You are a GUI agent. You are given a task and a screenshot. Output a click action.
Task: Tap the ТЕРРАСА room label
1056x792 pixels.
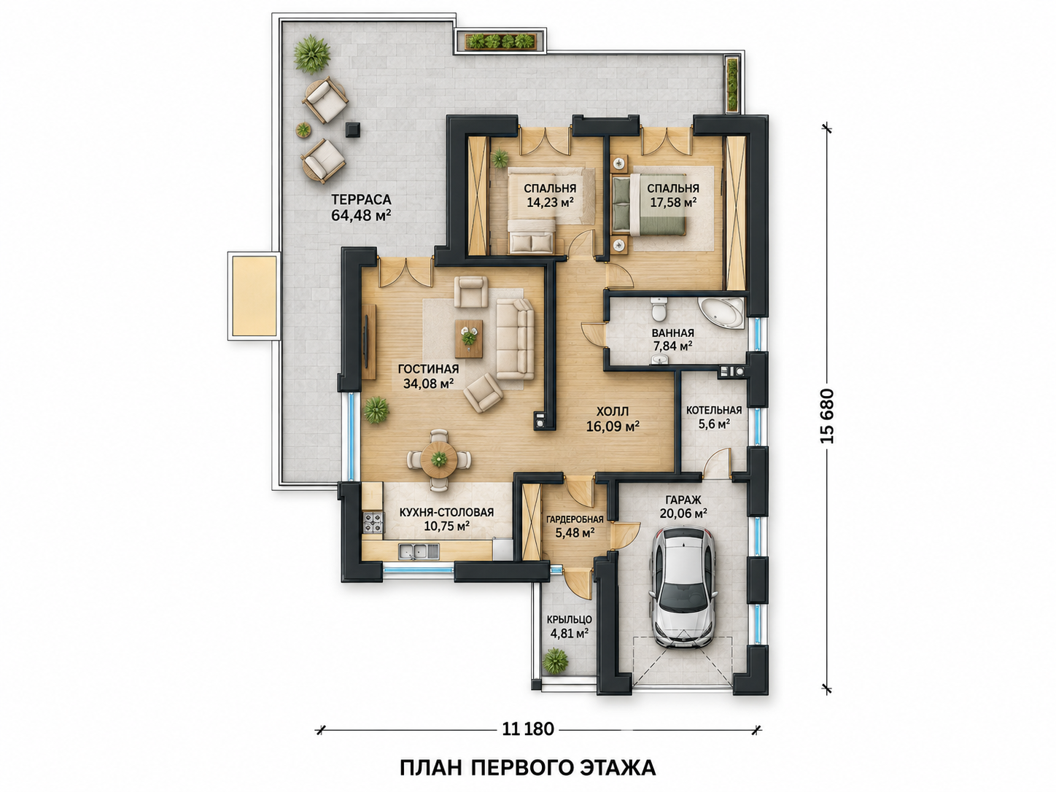(x=361, y=199)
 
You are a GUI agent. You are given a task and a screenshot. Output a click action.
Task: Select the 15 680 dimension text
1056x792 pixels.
(x=828, y=415)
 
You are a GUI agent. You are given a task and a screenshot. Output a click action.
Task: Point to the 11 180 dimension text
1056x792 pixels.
(x=528, y=729)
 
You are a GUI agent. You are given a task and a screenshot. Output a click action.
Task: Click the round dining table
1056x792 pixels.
(x=439, y=459)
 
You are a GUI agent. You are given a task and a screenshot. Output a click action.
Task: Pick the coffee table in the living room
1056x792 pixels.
(x=469, y=338)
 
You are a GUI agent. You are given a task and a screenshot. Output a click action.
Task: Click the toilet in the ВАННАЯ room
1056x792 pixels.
(x=658, y=308)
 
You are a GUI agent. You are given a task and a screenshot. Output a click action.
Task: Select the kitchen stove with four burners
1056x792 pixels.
(x=373, y=523)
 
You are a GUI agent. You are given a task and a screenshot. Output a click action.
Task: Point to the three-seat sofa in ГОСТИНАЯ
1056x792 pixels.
(x=515, y=339)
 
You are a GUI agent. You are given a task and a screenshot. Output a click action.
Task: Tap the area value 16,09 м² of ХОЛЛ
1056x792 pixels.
(x=613, y=426)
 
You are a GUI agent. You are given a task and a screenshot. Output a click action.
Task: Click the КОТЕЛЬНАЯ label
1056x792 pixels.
(x=714, y=410)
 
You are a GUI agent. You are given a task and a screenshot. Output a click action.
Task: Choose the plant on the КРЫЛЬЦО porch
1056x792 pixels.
(x=555, y=661)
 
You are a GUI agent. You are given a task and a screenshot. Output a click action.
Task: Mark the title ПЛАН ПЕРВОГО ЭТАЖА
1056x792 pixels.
(x=528, y=768)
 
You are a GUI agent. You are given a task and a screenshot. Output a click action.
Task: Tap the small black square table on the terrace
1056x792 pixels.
(x=353, y=130)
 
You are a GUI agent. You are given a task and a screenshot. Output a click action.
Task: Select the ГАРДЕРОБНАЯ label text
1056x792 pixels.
(x=575, y=519)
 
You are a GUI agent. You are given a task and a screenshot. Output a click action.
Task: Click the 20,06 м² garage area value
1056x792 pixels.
(x=683, y=513)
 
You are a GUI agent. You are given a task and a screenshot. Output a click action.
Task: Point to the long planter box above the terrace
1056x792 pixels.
(x=500, y=42)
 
